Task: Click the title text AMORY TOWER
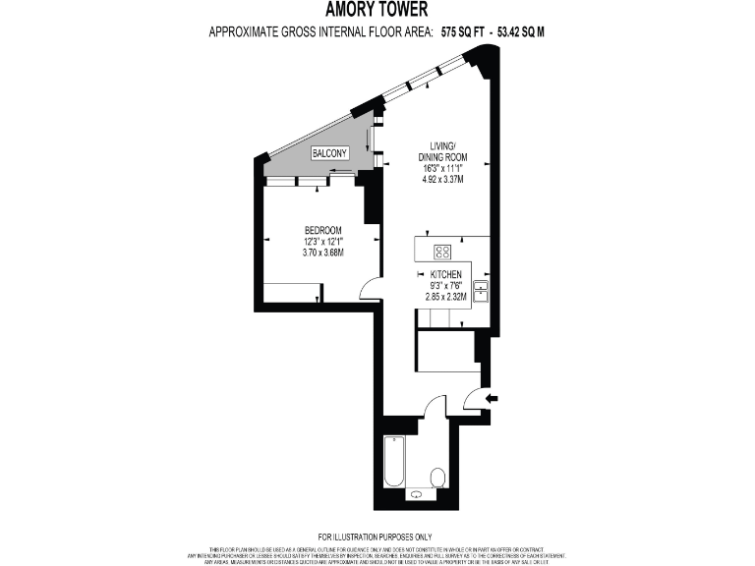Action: pyautogui.click(x=377, y=11)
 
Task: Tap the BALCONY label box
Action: pyautogui.click(x=328, y=154)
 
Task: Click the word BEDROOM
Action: pyautogui.click(x=321, y=230)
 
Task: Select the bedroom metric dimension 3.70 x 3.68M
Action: pyautogui.click(x=321, y=253)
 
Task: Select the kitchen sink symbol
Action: pyautogui.click(x=482, y=291)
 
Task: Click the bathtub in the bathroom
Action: pyautogui.click(x=394, y=462)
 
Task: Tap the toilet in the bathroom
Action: pyautogui.click(x=438, y=478)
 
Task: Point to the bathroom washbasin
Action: pyautogui.click(x=420, y=495)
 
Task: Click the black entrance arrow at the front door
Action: pyautogui.click(x=493, y=397)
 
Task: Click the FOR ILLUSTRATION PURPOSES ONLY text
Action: pyautogui.click(x=377, y=537)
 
